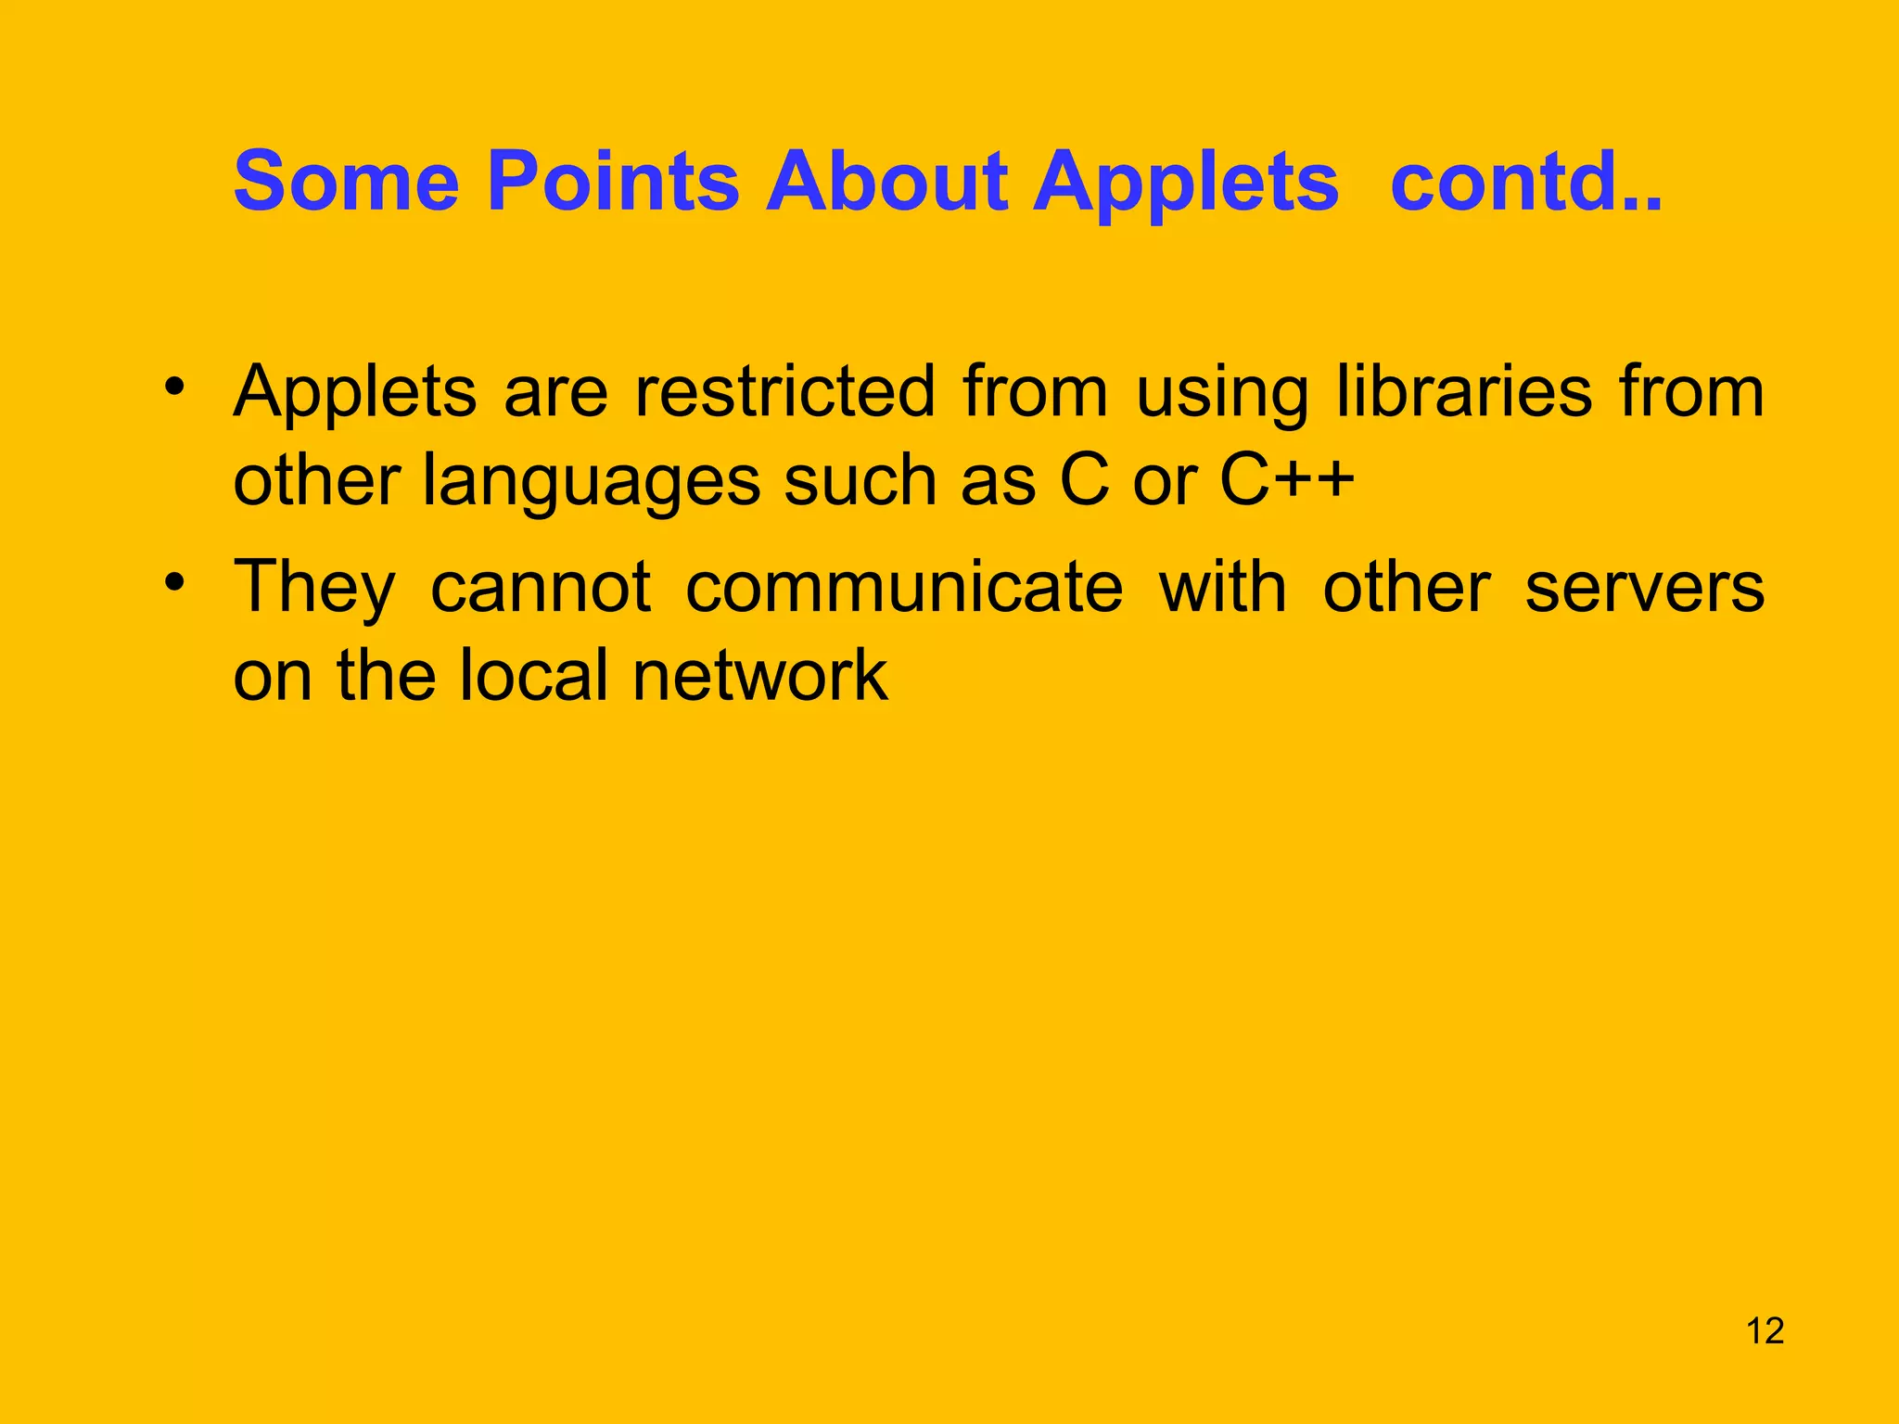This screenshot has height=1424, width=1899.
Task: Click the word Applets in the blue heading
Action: pyautogui.click(x=1186, y=182)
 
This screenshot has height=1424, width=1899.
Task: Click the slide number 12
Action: pyautogui.click(x=1765, y=1331)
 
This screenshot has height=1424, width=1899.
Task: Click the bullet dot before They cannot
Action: pyautogui.click(x=175, y=581)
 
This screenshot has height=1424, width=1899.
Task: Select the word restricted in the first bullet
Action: pyautogui.click(x=785, y=391)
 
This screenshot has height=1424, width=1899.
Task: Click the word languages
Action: pyautogui.click(x=591, y=482)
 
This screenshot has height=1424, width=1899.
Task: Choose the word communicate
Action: pyautogui.click(x=904, y=587)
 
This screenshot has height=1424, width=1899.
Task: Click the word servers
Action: pyautogui.click(x=1644, y=589)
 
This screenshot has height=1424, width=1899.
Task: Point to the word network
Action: pyautogui.click(x=760, y=675)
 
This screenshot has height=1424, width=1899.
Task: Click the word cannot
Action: pyautogui.click(x=541, y=587)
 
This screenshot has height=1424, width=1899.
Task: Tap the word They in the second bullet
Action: pyautogui.click(x=314, y=589)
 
